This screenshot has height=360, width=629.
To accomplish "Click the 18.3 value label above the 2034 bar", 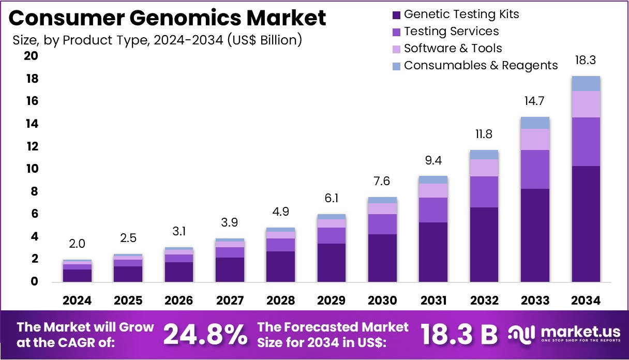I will pos(586,60).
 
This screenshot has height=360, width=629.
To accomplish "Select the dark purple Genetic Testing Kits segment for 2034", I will pos(586,223).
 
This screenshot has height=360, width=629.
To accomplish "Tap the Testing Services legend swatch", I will pos(397,32).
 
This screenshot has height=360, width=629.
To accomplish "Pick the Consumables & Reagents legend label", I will pos(481,65).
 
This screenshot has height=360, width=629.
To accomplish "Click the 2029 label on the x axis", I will pos(332,301).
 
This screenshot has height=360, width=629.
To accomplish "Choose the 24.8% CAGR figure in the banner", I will pos(205,335).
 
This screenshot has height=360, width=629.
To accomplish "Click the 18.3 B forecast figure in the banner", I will pos(458,335).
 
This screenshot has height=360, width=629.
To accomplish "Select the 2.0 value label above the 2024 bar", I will pos(78,244).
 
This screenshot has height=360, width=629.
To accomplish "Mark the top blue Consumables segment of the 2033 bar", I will pos(535,123).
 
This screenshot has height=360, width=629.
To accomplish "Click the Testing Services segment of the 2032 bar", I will pos(484,191).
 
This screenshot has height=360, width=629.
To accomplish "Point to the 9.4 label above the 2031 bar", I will pos(433,160).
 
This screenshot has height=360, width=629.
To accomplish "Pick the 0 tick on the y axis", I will pos(34,281).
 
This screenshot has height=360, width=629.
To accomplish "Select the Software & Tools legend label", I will pos(453,49).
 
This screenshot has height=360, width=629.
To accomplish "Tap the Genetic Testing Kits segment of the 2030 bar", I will pos(382,258).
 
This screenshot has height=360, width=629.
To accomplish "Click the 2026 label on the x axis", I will pos(179,301).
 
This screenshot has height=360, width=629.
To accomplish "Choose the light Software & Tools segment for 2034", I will pos(586,104).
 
